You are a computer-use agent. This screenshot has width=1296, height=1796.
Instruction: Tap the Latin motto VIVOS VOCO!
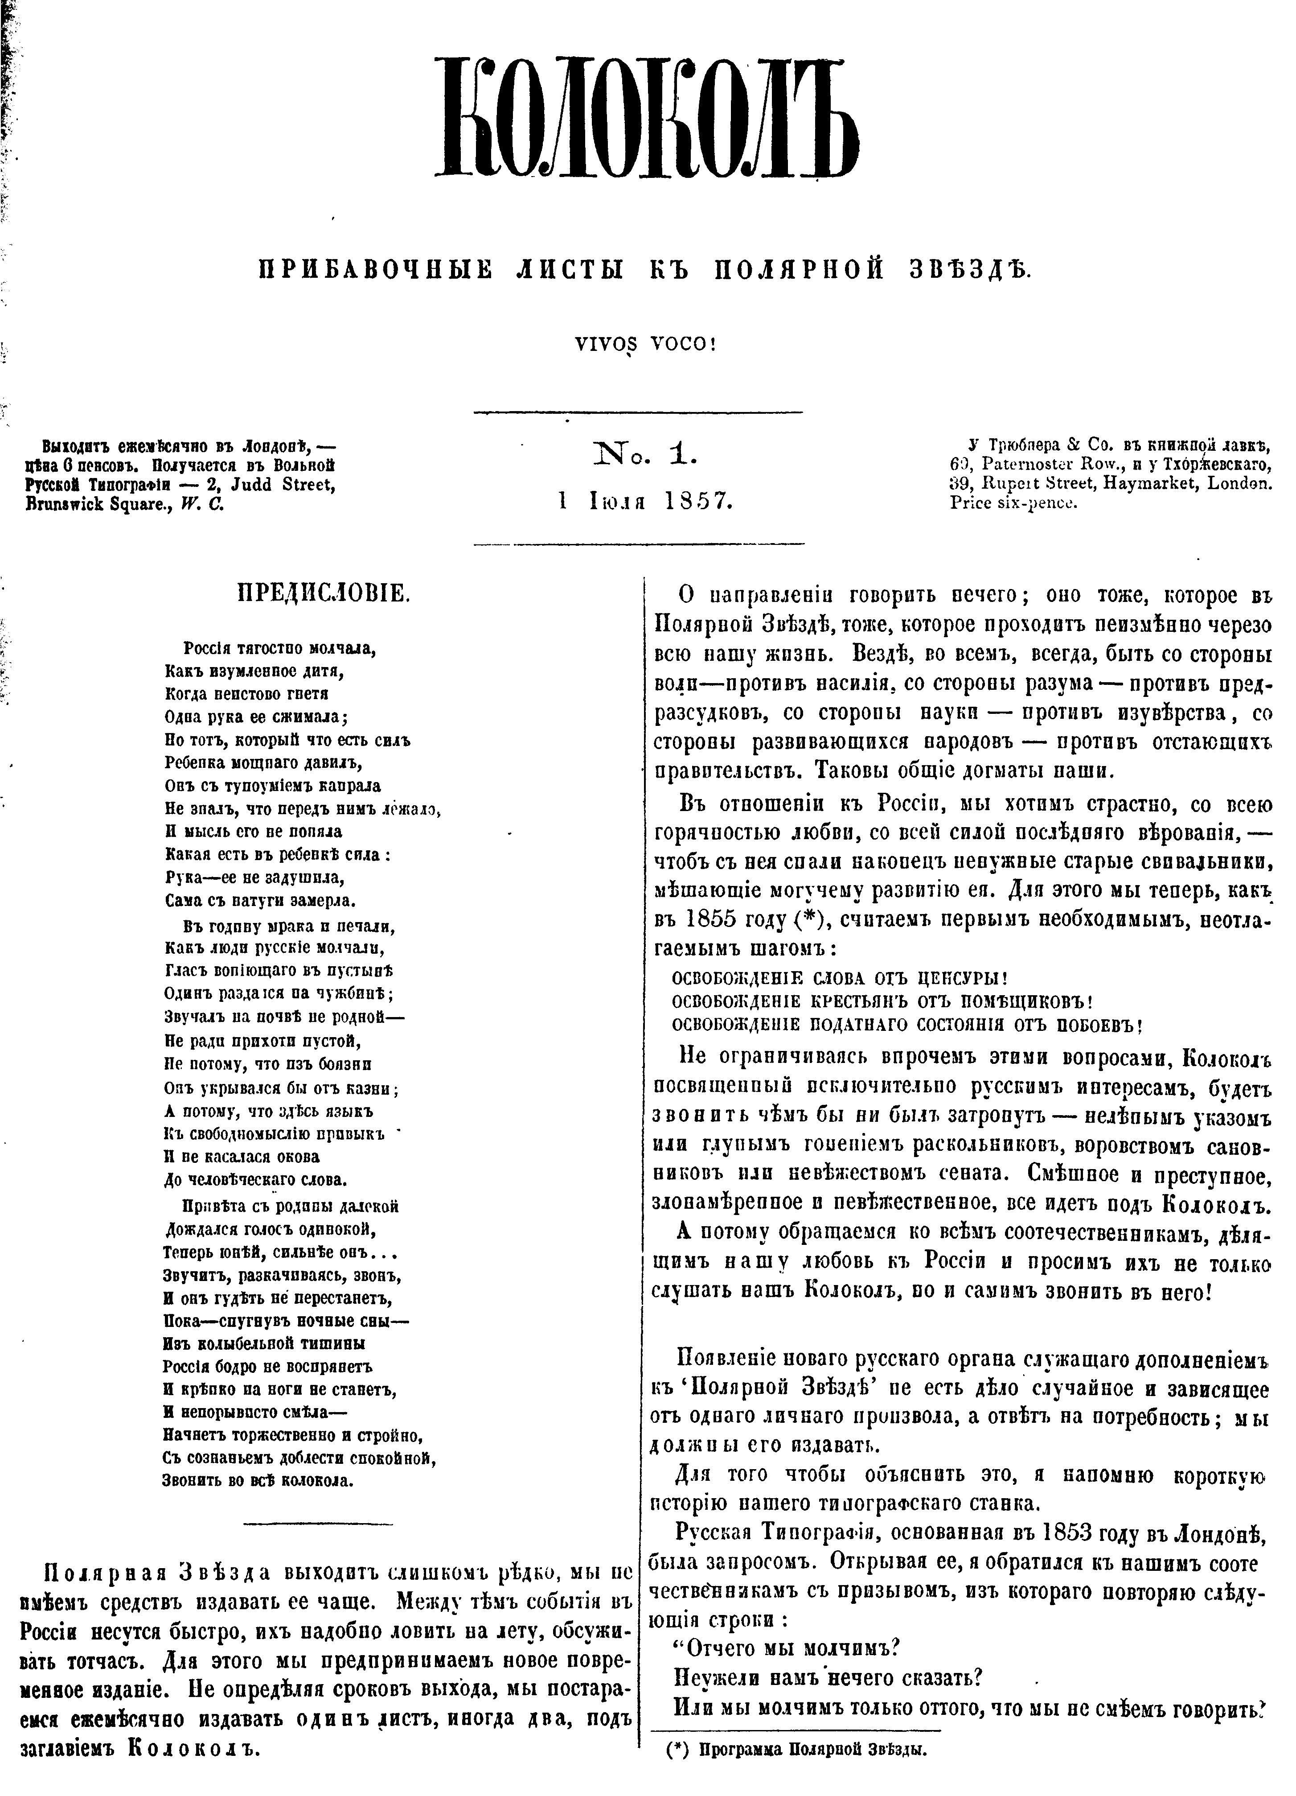[647, 345]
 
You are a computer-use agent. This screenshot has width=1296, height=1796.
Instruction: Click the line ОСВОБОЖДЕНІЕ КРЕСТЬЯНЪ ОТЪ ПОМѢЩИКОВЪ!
[883, 1000]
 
